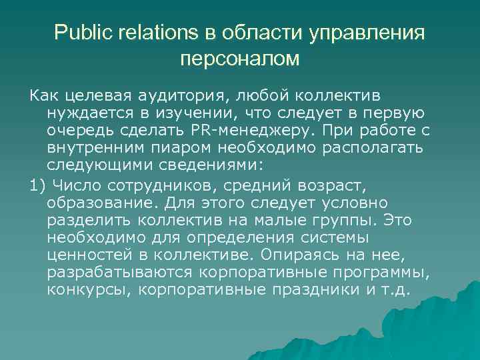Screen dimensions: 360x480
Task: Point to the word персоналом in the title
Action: click(240, 59)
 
